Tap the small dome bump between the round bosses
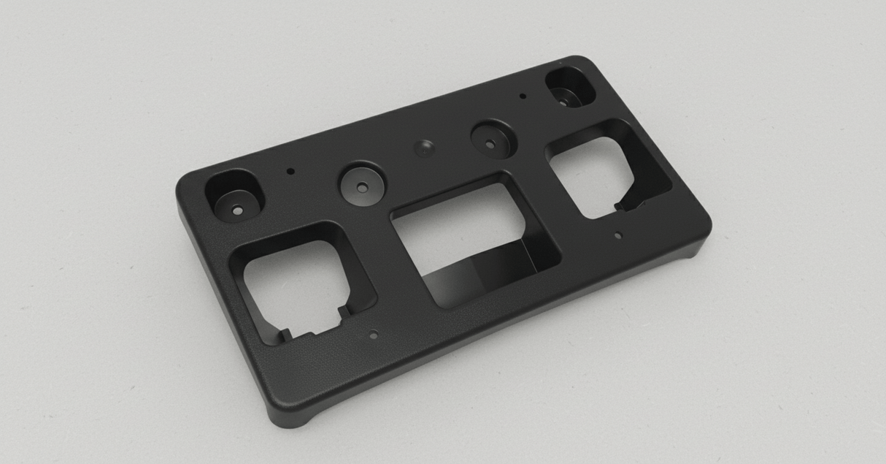423,148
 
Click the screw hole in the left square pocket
236,209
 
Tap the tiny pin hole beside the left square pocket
290,172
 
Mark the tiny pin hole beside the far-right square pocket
523,96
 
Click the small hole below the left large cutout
373,336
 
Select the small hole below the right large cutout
617,236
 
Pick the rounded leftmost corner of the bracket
187,186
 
